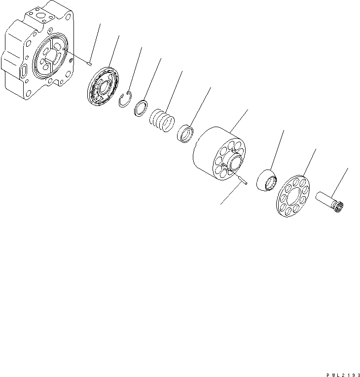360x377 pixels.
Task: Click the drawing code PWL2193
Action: (339, 373)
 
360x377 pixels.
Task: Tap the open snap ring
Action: (126, 101)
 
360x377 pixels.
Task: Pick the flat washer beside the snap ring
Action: (142, 108)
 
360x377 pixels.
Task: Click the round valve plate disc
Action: (104, 88)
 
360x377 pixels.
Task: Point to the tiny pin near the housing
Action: (88, 63)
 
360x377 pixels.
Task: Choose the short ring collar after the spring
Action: (185, 134)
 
